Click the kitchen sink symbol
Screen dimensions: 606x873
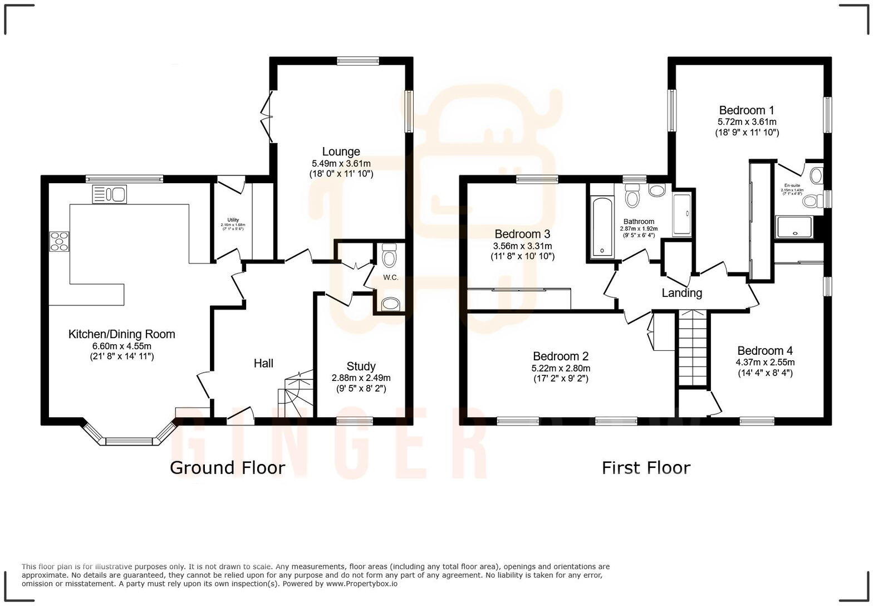coord(110,194)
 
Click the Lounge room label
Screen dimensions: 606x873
coord(341,151)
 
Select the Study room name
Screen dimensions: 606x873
coord(361,366)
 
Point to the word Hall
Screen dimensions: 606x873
coord(263,363)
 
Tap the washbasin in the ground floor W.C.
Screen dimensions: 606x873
coord(390,304)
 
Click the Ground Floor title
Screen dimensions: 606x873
coord(227,467)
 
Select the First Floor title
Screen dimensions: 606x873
coord(646,467)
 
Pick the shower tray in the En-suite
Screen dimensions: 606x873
coord(794,227)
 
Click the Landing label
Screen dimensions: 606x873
coord(681,293)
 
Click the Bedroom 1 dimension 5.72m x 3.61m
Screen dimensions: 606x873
coord(747,121)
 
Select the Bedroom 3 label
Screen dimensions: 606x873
coord(522,234)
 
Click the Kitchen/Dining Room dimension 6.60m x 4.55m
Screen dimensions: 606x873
coord(121,346)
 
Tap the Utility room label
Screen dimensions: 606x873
coord(233,219)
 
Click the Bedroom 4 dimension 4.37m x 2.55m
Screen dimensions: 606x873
coord(765,362)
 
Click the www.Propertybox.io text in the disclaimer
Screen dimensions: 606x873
coord(361,584)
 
